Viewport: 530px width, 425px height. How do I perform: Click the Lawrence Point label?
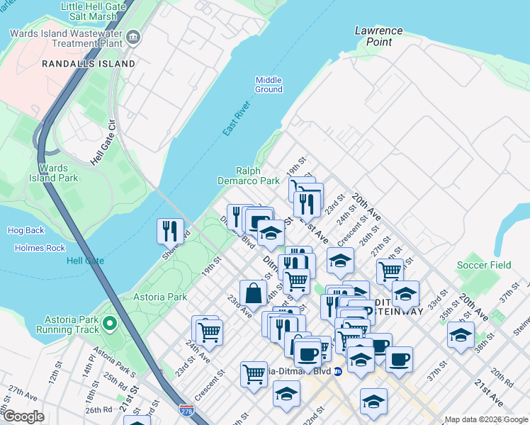point(378,36)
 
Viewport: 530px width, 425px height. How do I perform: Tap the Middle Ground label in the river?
point(269,84)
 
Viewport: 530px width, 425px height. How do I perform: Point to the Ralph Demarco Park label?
point(258,176)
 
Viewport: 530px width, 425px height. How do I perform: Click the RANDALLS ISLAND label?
point(89,64)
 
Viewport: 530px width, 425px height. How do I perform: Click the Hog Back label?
point(26,230)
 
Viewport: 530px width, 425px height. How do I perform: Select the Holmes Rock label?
point(40,248)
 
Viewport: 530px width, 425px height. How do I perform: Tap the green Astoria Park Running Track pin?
point(109,324)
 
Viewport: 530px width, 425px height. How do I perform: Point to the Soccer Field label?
point(484,265)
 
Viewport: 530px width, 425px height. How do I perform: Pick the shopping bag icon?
point(253,293)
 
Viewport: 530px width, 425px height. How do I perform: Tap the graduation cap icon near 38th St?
point(461,334)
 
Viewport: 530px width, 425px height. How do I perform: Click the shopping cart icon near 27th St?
point(390,270)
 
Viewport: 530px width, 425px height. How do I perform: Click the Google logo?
point(24,417)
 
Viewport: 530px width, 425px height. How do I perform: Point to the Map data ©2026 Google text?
point(485,419)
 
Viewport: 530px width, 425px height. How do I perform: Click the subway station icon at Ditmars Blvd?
point(338,371)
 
